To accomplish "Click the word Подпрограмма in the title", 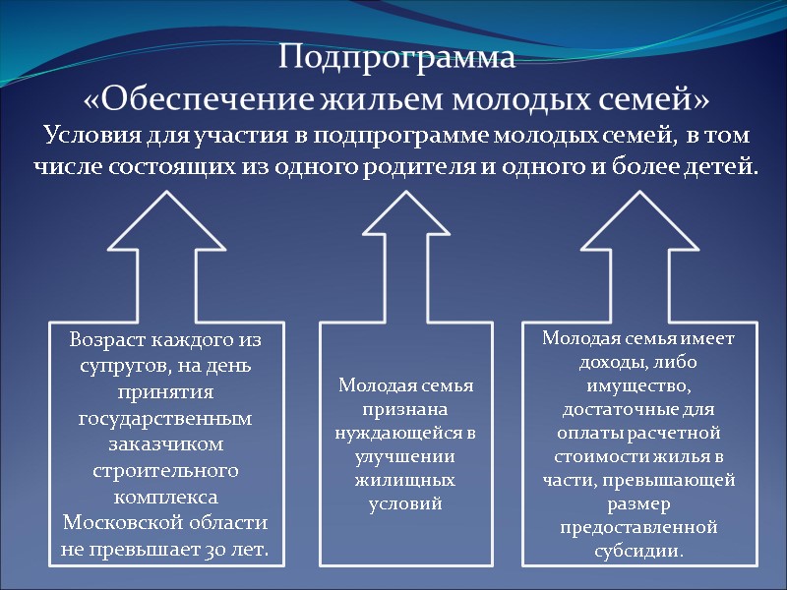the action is pos(396,57).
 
